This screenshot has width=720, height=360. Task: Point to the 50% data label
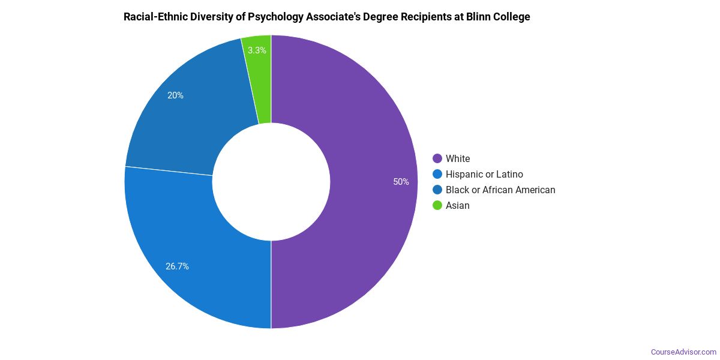coord(401,182)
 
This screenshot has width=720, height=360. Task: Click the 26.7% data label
coord(178,266)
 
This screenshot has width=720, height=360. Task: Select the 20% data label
coord(176,95)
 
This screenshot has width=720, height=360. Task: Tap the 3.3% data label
coord(257,50)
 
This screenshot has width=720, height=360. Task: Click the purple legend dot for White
coord(437,159)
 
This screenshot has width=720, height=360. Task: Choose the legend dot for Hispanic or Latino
coord(437,175)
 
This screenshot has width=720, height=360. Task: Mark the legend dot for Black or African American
coord(437,190)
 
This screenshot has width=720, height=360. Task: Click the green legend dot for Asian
coord(437,206)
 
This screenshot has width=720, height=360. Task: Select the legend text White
coord(458,159)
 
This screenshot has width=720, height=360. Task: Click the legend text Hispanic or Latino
coord(484,175)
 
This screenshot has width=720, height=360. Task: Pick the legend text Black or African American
coord(500,190)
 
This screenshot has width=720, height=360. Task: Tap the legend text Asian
coord(458,206)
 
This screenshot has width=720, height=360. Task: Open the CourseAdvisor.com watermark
coord(683,352)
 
